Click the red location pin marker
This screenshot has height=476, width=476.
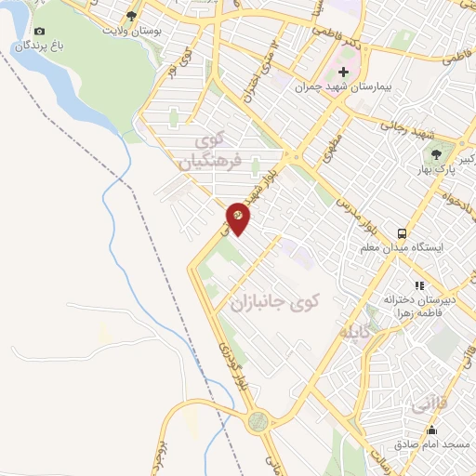pyautogui.click(x=238, y=217)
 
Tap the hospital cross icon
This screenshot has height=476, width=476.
pyautogui.click(x=345, y=73)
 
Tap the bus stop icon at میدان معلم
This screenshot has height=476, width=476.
pyautogui.click(x=402, y=233)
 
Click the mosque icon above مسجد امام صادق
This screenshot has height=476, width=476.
pyautogui.click(x=431, y=430)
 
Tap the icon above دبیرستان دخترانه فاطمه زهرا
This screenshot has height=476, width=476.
pyautogui.click(x=419, y=285)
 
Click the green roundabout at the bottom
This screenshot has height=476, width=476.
pyautogui.click(x=257, y=420)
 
